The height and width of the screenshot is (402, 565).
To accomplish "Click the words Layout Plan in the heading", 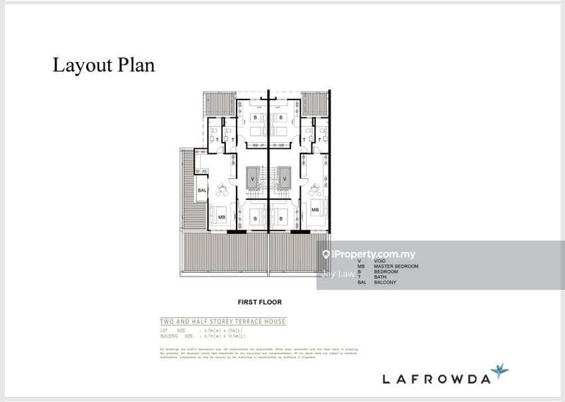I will click(103, 66).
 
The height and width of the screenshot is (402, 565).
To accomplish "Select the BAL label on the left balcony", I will click(202, 191).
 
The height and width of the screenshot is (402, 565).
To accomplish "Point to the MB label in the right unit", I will click(315, 210).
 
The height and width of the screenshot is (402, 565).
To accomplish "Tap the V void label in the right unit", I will click(284, 179).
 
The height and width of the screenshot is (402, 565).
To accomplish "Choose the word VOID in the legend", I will click(380, 261).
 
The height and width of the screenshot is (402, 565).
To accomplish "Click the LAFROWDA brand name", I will click(436, 379).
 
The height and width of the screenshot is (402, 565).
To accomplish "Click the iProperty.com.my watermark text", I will click(374, 254).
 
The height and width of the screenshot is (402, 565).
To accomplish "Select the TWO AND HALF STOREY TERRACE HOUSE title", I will click(222, 321).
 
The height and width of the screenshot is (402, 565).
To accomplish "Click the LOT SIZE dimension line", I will click(212, 330).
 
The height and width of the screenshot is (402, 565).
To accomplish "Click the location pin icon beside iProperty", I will click(326, 254).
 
